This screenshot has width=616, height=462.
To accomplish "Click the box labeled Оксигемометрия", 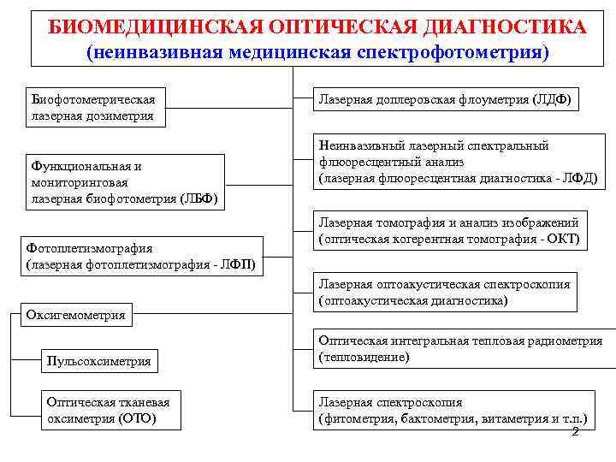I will point(76,315).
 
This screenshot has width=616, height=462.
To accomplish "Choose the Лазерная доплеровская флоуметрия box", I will point(445,100).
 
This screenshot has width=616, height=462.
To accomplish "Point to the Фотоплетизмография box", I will point(140,256).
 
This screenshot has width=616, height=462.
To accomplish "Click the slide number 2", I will point(575,432).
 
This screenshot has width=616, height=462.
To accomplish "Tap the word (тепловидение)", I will point(364,357).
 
